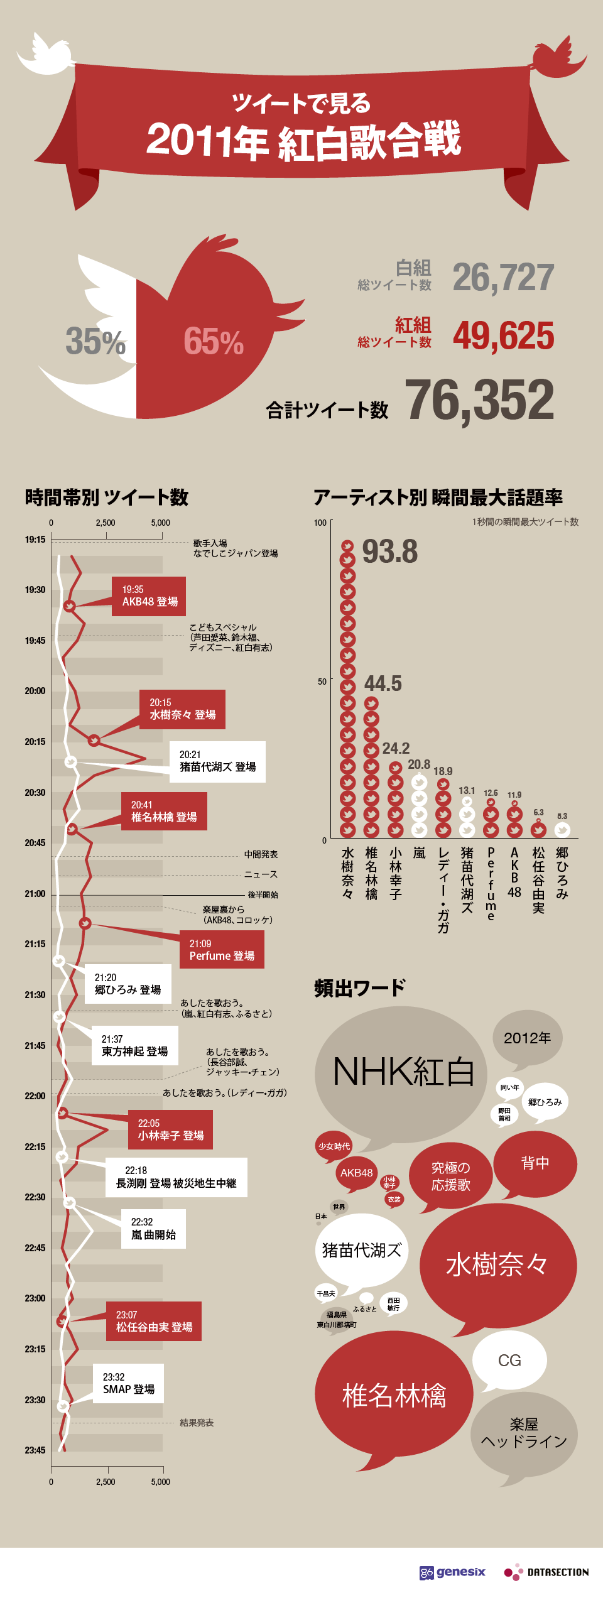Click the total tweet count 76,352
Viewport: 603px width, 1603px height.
(479, 400)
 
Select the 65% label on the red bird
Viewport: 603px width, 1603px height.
(214, 342)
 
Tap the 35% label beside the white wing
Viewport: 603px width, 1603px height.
(95, 341)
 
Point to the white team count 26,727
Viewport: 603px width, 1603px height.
(503, 277)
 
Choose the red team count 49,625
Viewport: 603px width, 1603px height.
(503, 335)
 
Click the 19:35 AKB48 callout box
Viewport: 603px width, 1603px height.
(149, 595)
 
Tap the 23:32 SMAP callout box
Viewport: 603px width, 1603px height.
(129, 1383)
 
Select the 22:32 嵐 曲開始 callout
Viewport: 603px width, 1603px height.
(153, 1228)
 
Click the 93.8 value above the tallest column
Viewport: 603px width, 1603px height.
(389, 552)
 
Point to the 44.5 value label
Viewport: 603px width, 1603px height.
(383, 683)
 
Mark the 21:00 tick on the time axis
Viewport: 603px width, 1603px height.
(35, 894)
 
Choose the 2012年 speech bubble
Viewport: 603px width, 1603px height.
(527, 1038)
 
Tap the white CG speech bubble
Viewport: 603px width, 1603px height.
(509, 1361)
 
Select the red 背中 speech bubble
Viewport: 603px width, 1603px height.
(535, 1163)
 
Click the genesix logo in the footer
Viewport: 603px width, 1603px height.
(452, 1572)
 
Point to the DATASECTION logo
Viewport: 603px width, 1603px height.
(546, 1572)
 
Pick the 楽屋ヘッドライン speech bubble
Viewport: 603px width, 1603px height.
(524, 1433)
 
